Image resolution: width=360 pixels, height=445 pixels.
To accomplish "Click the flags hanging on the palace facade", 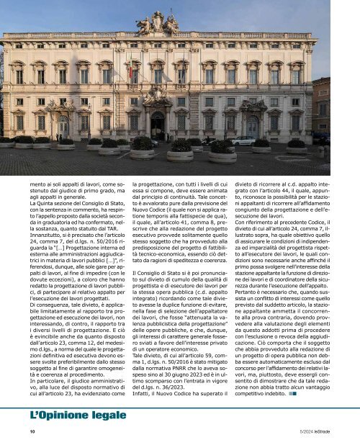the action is pos(132,73).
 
